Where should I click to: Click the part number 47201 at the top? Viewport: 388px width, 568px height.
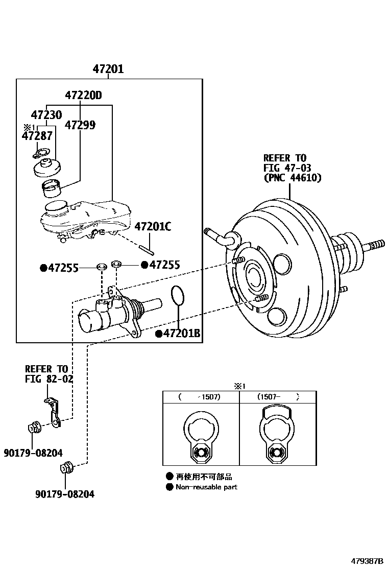click(x=108, y=69)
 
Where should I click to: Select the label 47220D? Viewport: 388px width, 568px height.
click(x=83, y=96)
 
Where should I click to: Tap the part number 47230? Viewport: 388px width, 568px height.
click(x=46, y=115)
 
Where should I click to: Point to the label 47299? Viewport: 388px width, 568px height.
click(x=80, y=125)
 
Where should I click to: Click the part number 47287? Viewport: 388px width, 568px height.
click(x=37, y=136)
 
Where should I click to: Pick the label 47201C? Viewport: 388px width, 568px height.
click(x=153, y=227)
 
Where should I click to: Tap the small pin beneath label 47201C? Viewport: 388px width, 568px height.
click(x=146, y=250)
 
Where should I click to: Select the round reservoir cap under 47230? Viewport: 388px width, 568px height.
click(x=47, y=168)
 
